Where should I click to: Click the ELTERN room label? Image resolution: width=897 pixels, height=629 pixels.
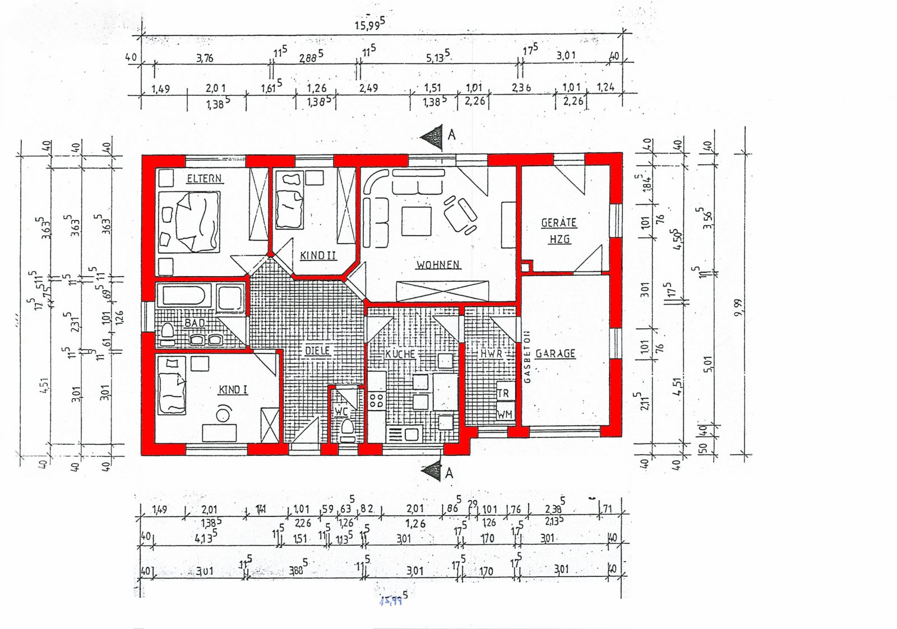tap(204, 179)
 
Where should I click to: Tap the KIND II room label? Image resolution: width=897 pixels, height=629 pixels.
tap(318, 255)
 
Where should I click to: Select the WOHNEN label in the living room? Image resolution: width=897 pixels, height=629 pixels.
tap(438, 264)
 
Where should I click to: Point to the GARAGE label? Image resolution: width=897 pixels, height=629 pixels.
tap(555, 353)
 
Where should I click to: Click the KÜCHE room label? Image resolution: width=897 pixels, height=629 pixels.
tap(400, 354)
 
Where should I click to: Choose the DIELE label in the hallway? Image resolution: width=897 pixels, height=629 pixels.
tap(318, 351)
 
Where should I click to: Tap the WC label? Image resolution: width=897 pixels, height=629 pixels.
tap(341, 412)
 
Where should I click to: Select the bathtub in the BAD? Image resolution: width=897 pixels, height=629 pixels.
tap(184, 297)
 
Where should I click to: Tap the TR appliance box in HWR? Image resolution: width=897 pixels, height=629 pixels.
tap(504, 393)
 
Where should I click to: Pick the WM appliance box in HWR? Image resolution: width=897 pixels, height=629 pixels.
tap(504, 414)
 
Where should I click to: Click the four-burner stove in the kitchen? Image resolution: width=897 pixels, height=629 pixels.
tap(376, 400)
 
